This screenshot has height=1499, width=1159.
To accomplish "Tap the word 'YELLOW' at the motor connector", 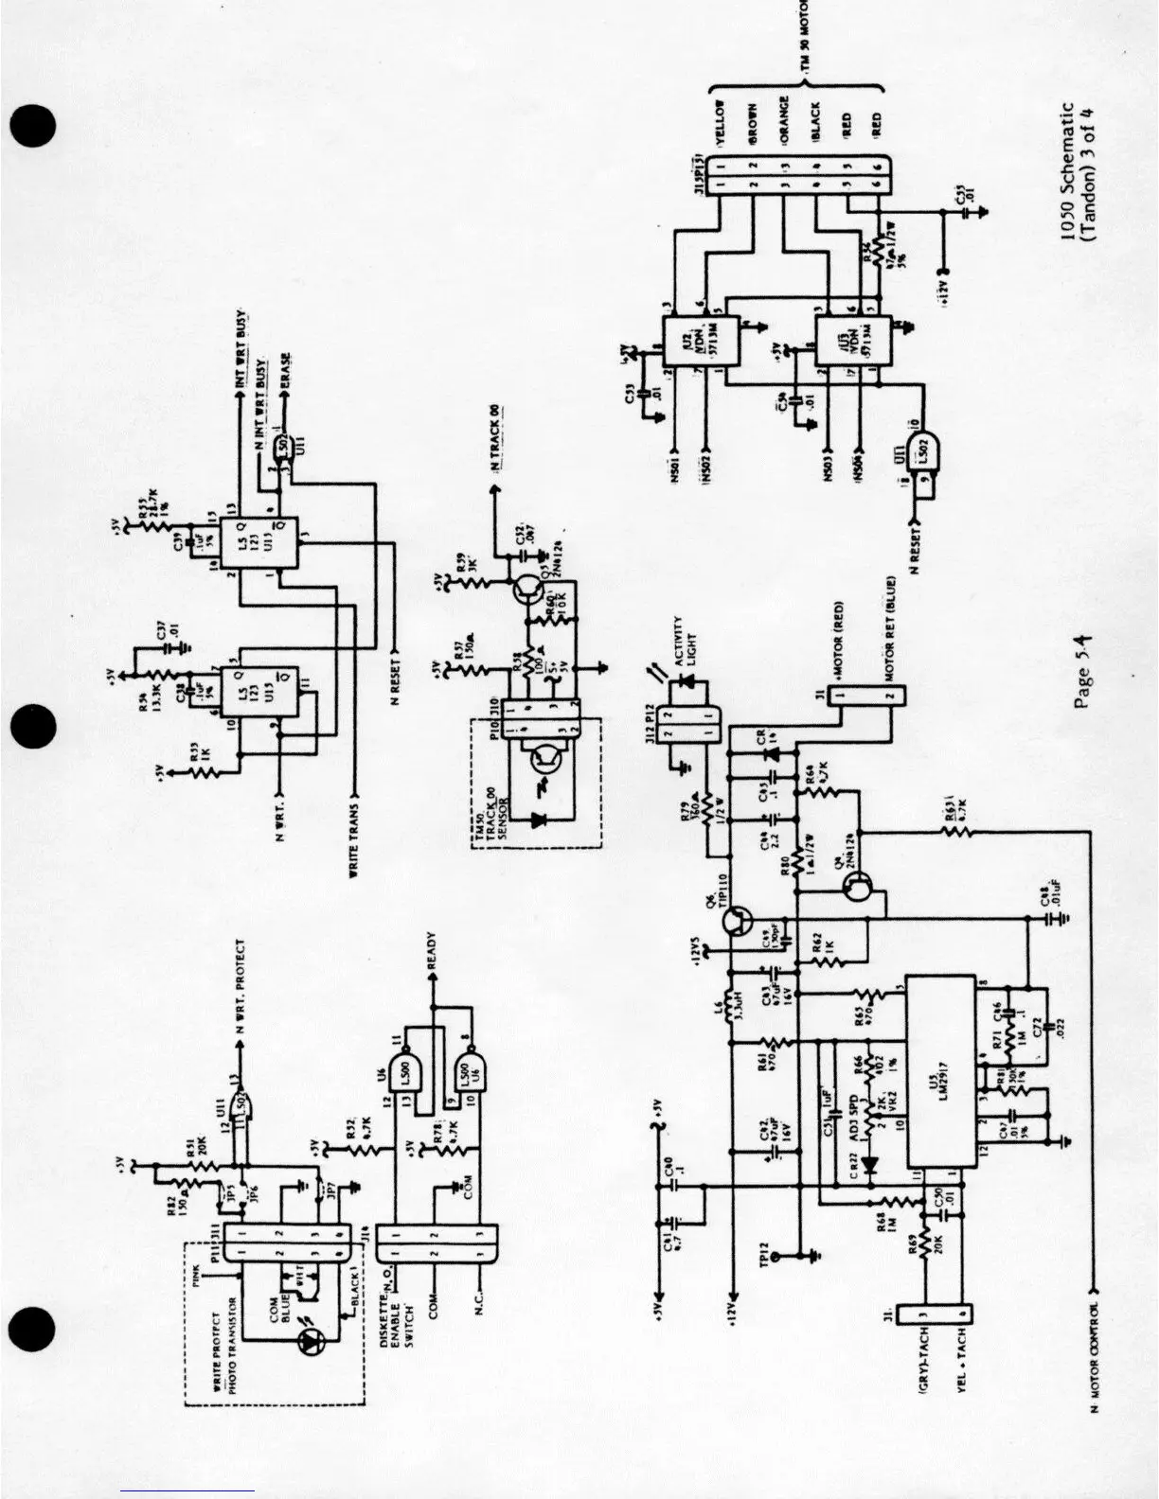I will [x=720, y=121].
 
